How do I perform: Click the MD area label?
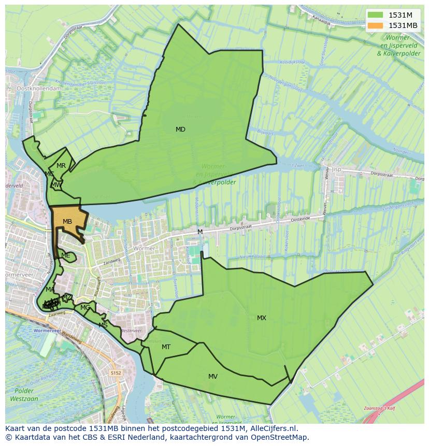(x=180, y=130)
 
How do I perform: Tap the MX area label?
(x=262, y=318)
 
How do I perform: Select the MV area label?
(x=213, y=377)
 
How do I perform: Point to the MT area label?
(x=166, y=347)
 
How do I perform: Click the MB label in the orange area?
(x=67, y=222)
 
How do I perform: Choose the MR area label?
(x=61, y=166)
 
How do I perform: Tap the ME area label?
(x=65, y=255)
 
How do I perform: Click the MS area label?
(x=103, y=325)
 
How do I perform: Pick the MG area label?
(x=85, y=308)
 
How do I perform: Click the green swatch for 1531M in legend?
(x=376, y=15)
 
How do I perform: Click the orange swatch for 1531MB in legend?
(x=376, y=25)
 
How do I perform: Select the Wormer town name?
(x=144, y=249)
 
